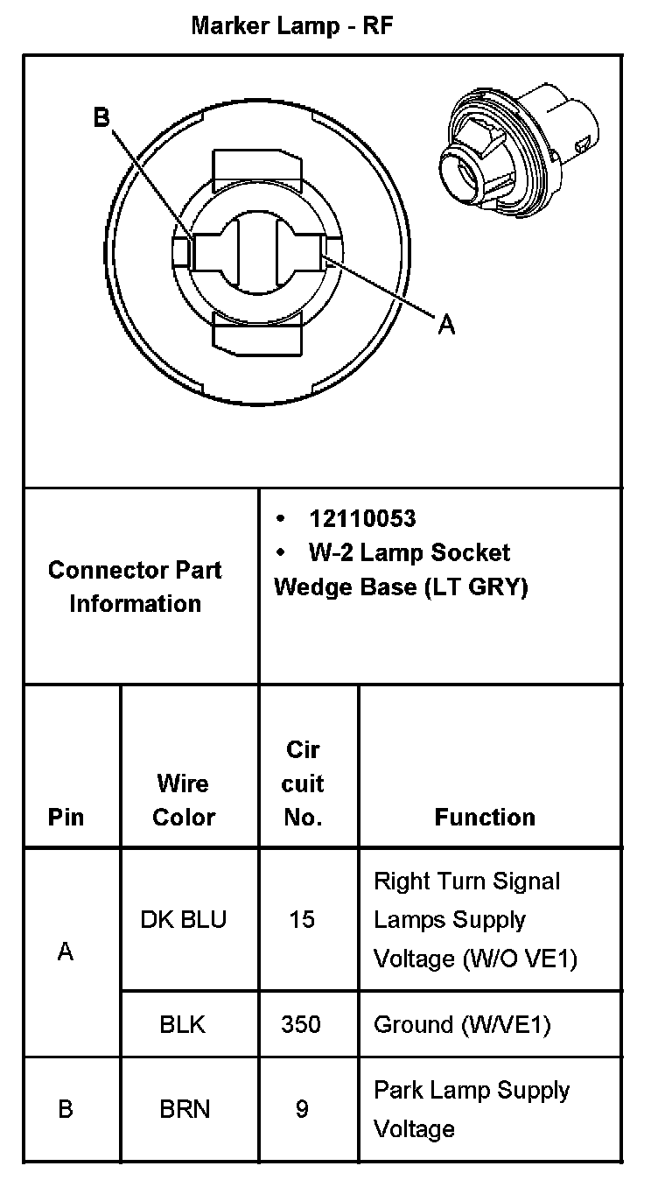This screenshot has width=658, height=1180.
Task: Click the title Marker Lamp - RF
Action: click(292, 26)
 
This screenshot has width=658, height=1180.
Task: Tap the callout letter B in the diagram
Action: click(102, 117)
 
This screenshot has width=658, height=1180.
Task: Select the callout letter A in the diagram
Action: click(446, 325)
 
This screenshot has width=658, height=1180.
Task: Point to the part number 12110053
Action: click(362, 519)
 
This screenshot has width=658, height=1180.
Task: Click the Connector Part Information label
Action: click(135, 586)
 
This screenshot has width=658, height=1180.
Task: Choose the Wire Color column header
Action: click(184, 799)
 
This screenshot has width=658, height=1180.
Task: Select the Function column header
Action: click(485, 817)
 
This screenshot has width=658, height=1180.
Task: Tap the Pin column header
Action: click(66, 817)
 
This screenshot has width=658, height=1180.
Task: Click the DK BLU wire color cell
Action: click(184, 920)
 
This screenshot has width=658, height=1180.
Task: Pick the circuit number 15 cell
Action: click(302, 920)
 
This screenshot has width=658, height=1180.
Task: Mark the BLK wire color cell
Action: click(183, 1024)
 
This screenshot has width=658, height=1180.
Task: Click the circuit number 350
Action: click(302, 1024)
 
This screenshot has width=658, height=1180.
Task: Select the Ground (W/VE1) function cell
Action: click(462, 1024)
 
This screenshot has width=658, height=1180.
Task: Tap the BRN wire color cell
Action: click(185, 1109)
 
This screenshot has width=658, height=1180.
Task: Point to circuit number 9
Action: click(302, 1109)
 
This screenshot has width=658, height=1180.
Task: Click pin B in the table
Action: click(66, 1109)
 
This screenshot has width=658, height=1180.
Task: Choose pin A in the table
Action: click(66, 952)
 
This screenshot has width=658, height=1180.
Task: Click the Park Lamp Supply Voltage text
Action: click(471, 1109)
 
